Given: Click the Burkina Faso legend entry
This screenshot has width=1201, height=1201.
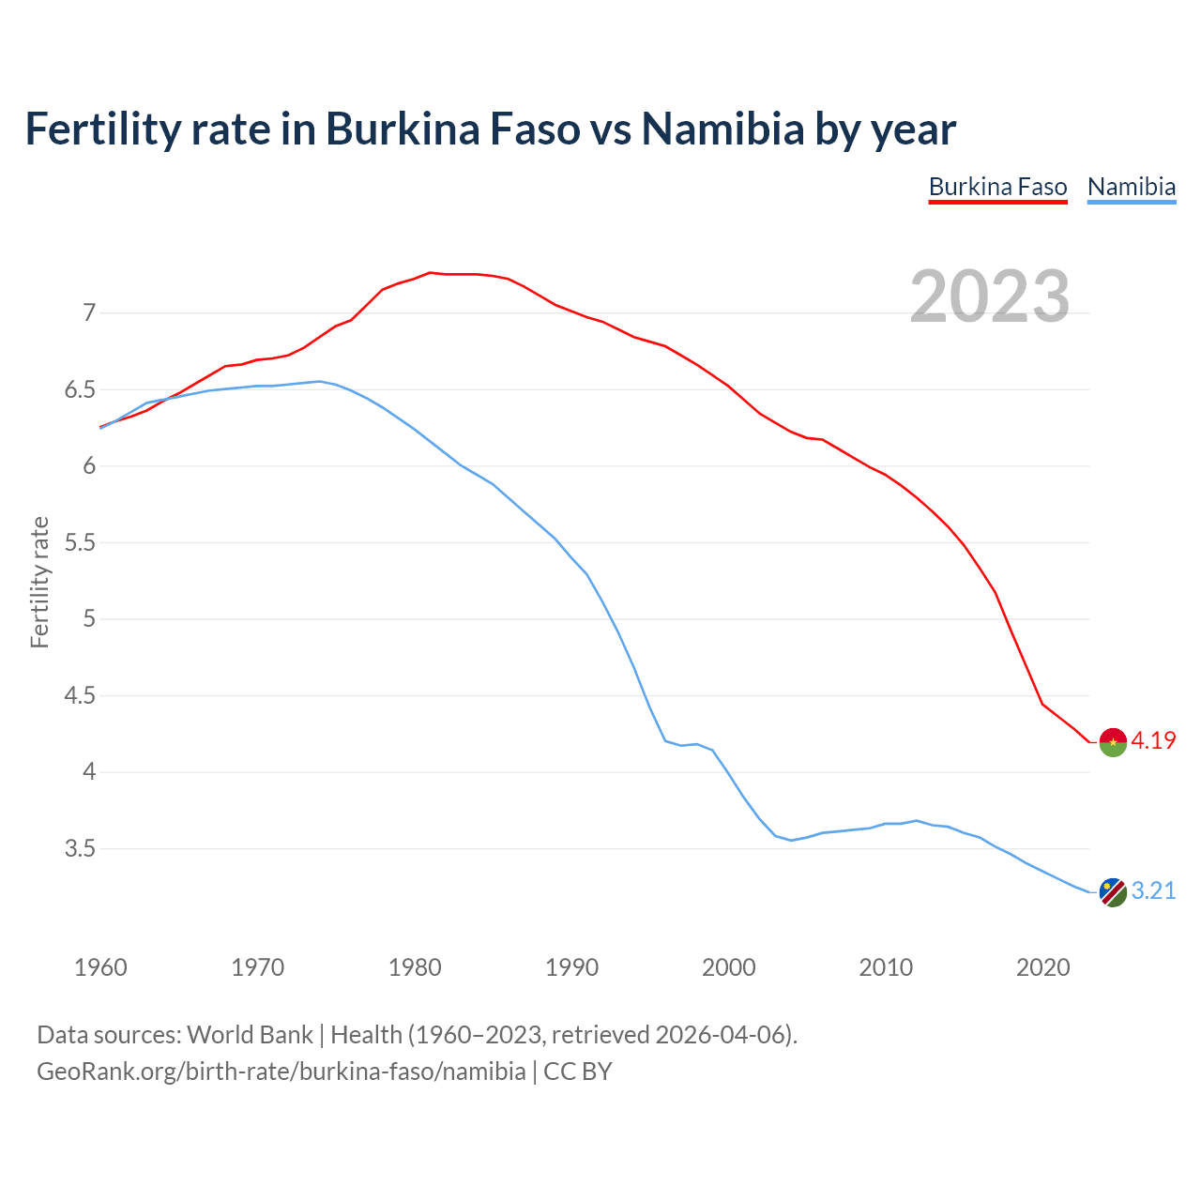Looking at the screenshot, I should point(997,187).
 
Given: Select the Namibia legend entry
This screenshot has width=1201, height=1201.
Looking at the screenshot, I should point(1131,187).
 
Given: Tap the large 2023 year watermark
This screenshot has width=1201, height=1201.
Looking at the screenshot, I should point(990,296).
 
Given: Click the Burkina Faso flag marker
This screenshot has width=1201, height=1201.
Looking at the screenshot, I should point(1113,741).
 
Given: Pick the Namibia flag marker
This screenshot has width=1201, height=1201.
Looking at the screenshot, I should point(1113,892).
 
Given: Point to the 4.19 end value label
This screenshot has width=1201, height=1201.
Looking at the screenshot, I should point(1153,740).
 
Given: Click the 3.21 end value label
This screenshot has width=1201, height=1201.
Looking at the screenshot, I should point(1153,891).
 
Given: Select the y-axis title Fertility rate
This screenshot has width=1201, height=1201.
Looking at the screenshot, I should point(39,582).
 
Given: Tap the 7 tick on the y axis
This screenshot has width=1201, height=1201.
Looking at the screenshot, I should point(89,312).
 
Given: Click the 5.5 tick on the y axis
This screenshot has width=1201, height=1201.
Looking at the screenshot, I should point(81,542).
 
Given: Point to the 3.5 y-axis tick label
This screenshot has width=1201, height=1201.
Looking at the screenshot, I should point(81,849).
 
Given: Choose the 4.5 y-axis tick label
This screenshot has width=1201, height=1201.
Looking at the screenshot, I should point(81,696).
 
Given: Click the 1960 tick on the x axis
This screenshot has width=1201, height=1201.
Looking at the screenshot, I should point(100,967).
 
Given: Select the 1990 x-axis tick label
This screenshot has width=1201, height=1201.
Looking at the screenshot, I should point(571,967).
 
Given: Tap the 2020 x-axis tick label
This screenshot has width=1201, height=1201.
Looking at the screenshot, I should point(1042,967).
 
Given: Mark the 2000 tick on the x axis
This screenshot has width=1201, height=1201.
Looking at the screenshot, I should point(728,967).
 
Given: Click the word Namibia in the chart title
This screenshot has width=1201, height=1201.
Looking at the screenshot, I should point(722,129).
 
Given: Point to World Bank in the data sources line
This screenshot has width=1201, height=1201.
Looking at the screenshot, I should point(250,1035).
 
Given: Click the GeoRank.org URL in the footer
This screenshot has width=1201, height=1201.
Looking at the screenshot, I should point(281,1072).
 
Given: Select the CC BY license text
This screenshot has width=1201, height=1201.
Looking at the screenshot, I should point(578,1072).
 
